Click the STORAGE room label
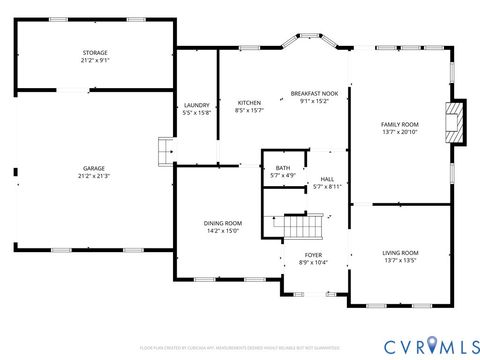pyautogui.click(x=95, y=52)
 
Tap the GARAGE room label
pyautogui.click(x=94, y=168)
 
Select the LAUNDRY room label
pyautogui.click(x=197, y=105)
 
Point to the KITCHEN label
pyautogui.click(x=249, y=103)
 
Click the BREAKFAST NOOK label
pyautogui.click(x=314, y=93)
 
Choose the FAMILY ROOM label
pyautogui.click(x=399, y=124)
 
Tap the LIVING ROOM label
pyautogui.click(x=400, y=253)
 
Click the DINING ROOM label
pyautogui.click(x=223, y=223)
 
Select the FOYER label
pyautogui.click(x=314, y=255)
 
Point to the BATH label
pyautogui.click(x=283, y=168)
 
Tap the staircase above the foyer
pyautogui.click(x=299, y=226)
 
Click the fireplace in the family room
pyautogui.click(x=456, y=122)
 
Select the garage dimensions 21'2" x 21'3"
pyautogui.click(x=94, y=176)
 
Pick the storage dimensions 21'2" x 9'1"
pyautogui.click(x=95, y=60)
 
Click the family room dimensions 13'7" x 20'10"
pyautogui.click(x=399, y=132)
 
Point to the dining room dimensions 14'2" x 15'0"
pyautogui.click(x=223, y=231)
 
